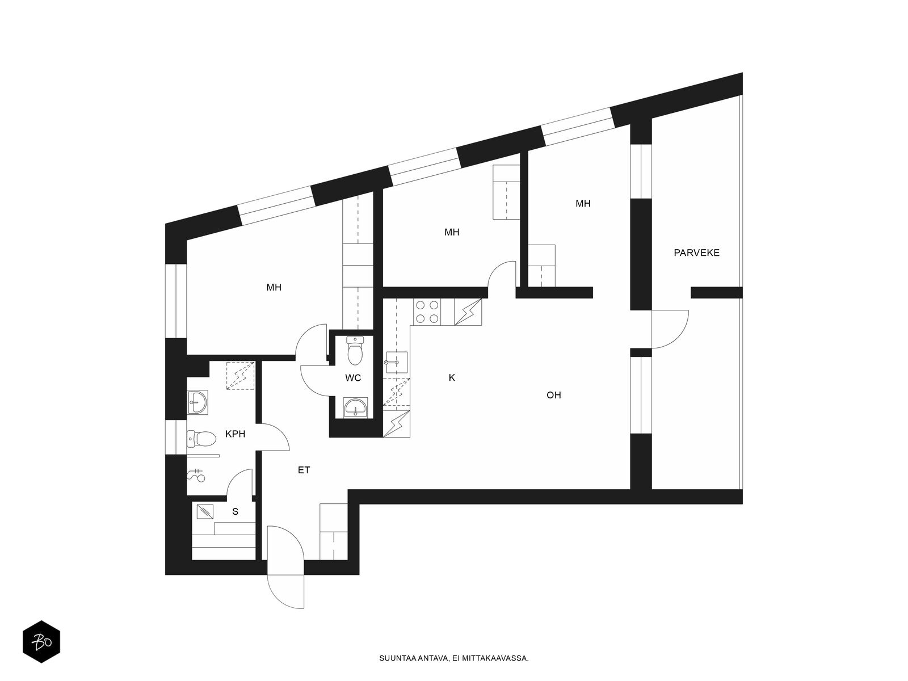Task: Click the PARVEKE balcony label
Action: pos(696,253)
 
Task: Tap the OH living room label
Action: pos(553,395)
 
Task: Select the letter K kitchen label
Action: pos(452,377)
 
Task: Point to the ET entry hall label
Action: pos(304,470)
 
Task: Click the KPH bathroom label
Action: pos(235,434)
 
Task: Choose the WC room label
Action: pos(353,377)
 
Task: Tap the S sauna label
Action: pos(235,511)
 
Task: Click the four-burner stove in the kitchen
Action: pos(427,312)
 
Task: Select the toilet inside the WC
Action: pos(355,351)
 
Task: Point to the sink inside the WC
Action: pos(355,407)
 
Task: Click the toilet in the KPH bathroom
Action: pos(201,438)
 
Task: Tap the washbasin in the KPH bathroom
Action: pos(197,401)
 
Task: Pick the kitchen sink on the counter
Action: pos(396,363)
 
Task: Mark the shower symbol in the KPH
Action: pos(196,476)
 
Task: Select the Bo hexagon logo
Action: pos(41,641)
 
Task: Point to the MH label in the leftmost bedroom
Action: pos(274,287)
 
